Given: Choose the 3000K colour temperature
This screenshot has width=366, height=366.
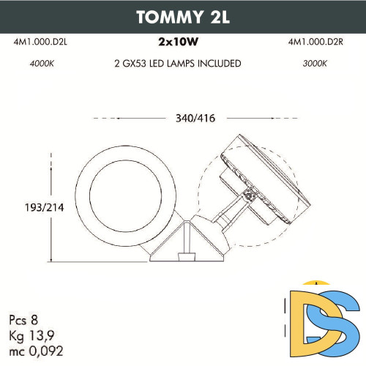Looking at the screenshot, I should click(315, 64).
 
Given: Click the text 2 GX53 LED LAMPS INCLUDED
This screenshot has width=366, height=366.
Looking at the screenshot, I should click(178, 64).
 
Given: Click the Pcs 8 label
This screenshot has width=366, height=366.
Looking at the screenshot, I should click(27, 320).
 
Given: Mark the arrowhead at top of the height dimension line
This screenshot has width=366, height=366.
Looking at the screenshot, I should click(51, 153).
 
